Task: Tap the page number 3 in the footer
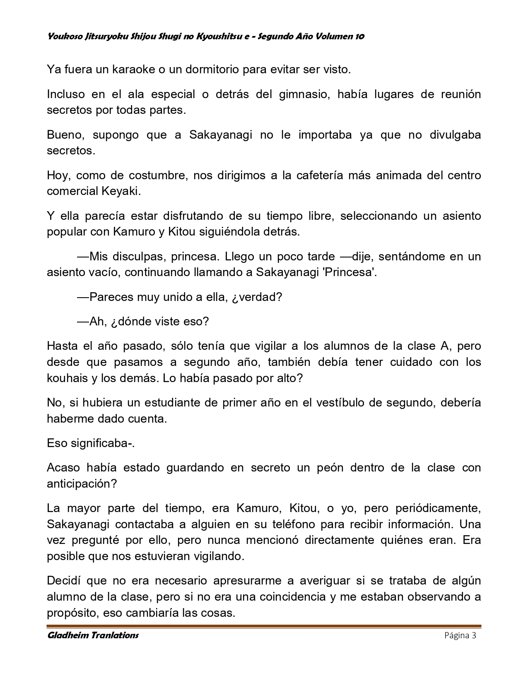pos(474,635)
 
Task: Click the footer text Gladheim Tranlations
pos(93,635)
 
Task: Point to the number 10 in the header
pos(359,36)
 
